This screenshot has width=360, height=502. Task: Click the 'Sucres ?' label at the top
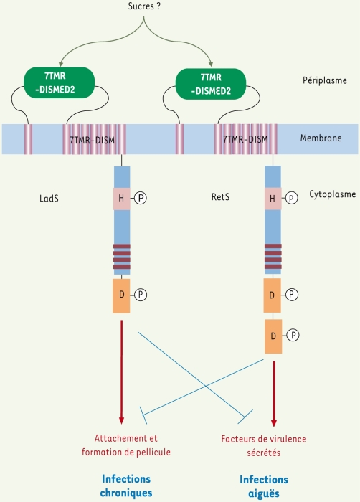pos(144,6)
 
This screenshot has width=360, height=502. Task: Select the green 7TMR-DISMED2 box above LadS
pos(60,82)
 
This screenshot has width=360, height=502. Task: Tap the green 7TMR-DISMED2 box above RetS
pos(211,84)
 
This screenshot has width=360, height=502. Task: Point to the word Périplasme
pos(325,80)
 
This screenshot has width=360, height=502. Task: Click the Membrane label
pos(321,138)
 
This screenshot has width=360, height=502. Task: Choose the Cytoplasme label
pos(333,194)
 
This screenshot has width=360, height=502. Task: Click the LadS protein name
pos(49,199)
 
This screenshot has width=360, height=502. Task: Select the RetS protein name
pos(220,196)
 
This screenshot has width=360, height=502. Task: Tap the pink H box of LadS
pos(121,199)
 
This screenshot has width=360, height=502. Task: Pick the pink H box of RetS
pos(273,199)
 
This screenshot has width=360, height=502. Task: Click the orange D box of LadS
pos(121,295)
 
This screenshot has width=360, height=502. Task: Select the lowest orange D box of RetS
pos(273,336)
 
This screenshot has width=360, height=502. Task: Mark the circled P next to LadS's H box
pos(141,198)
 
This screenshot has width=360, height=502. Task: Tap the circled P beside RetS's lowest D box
pos(293,336)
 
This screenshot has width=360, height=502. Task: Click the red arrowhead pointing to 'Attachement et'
pos(121,420)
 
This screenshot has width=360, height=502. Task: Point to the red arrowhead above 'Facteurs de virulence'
pos(273,422)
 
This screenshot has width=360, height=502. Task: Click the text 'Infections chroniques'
pos(126,486)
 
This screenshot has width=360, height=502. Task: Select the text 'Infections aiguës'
pos(264,486)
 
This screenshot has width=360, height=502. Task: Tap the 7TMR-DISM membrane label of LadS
pos(93,140)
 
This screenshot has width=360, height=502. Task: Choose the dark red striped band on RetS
pos(273,256)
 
